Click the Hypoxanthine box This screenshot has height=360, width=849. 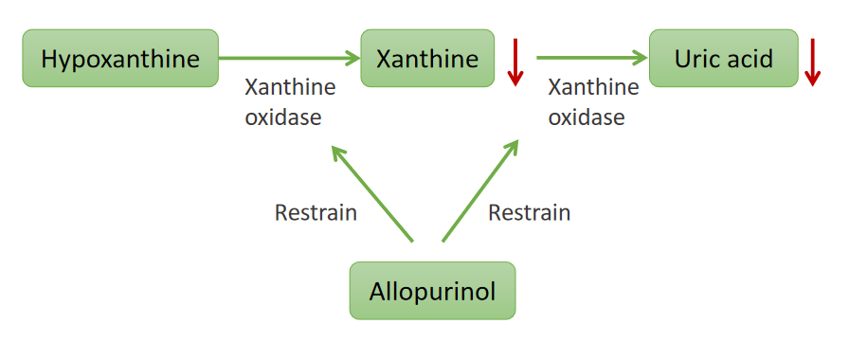120,58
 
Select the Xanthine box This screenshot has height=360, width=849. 427,58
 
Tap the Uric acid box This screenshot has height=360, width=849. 724,58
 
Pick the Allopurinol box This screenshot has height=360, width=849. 432,290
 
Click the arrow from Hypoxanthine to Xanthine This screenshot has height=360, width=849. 289,58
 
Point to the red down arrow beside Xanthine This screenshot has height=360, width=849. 515,63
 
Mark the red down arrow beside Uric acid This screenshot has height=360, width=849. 812,63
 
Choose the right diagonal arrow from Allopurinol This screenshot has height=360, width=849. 480,189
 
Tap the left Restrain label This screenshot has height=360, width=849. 316,212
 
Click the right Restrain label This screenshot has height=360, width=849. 529,212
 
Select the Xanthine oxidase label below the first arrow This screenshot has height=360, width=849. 290,102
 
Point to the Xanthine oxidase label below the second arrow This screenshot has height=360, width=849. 593,102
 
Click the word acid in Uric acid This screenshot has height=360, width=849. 750,58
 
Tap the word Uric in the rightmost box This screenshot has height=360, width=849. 696,58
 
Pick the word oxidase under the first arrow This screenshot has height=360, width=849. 283,118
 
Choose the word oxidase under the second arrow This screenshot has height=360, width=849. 587,118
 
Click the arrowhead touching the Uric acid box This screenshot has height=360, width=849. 640,58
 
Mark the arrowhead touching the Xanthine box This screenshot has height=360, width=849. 352,58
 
